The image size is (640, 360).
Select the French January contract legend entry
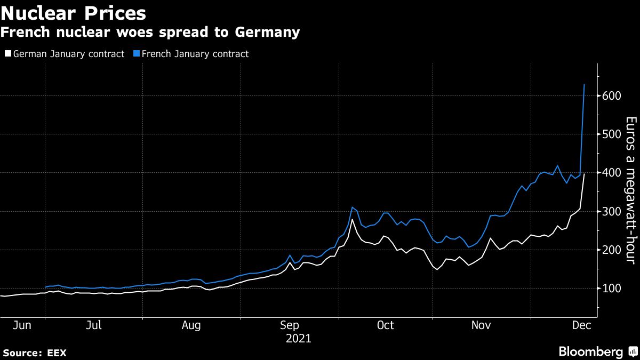pos(192,54)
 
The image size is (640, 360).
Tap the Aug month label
pos(191,325)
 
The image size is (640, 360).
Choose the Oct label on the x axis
pos(385,325)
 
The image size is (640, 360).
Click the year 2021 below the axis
pos(299,338)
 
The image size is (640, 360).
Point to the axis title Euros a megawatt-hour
pos(630,190)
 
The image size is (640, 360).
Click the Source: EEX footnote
pos(34,353)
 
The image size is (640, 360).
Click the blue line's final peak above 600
pos(585,85)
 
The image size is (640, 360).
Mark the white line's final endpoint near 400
pos(585,174)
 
